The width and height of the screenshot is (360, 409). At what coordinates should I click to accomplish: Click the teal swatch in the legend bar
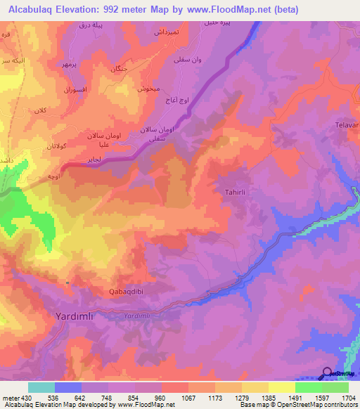coord(41,387)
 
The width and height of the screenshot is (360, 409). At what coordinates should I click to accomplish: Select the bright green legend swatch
coord(308,387)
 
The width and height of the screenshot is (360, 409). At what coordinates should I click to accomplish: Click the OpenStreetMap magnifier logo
coord(326,373)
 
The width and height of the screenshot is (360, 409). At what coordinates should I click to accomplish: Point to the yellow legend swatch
coord(281,387)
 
